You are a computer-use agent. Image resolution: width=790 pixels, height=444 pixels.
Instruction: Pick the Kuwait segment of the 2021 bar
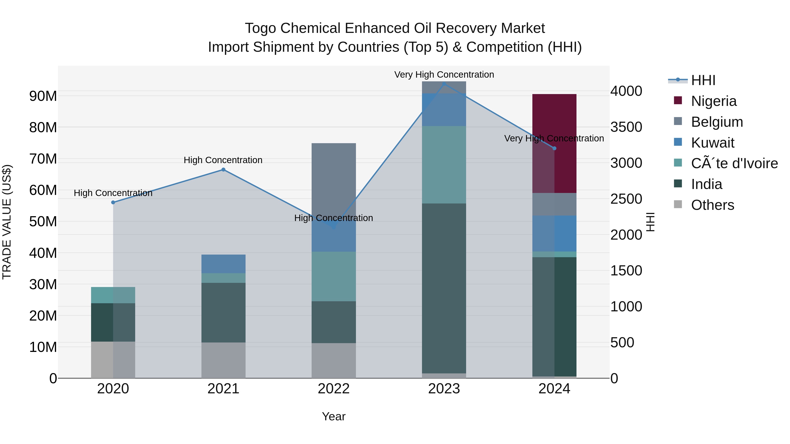[x=223, y=264]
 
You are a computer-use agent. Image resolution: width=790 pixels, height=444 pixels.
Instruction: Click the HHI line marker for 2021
[x=223, y=170]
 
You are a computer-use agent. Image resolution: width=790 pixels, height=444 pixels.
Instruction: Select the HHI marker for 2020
[x=113, y=202]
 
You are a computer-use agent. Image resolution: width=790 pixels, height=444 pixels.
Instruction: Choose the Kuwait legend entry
[x=712, y=143]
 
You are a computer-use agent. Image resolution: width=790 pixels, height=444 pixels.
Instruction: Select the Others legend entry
[x=712, y=205]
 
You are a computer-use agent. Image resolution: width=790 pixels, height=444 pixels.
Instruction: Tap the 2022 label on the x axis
[x=334, y=389]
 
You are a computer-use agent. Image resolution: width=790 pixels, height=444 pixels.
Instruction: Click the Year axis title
[x=334, y=416]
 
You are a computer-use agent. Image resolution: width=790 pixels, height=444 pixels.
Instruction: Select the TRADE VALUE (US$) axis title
[x=7, y=222]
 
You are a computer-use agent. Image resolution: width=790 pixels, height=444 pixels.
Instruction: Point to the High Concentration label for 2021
[x=223, y=160]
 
